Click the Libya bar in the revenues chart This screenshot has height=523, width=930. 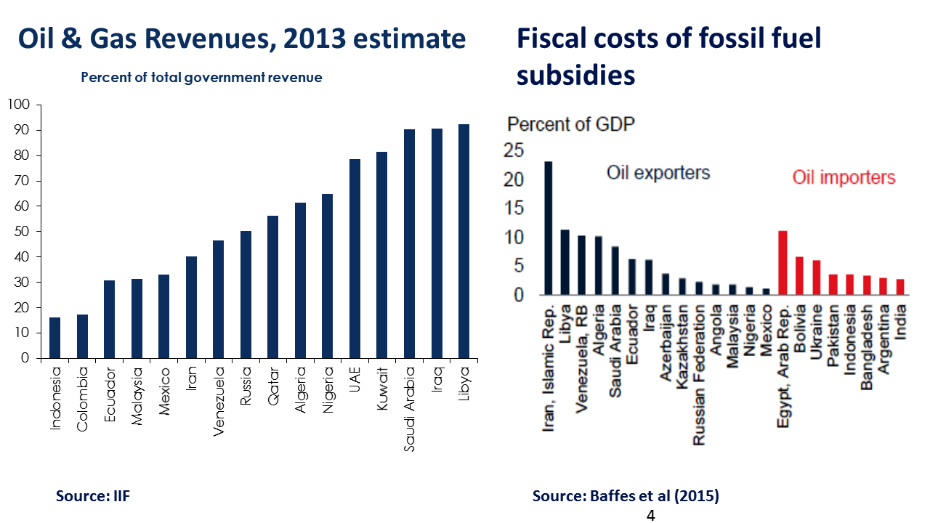pyautogui.click(x=464, y=241)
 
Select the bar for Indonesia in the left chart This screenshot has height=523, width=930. pyautogui.click(x=54, y=338)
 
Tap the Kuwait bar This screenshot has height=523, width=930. pyautogui.click(x=382, y=255)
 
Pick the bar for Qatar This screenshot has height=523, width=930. pyautogui.click(x=272, y=287)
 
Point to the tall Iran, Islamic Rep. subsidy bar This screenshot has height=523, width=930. pyautogui.click(x=549, y=228)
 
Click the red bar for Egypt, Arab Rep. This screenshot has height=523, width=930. pyautogui.click(x=783, y=263)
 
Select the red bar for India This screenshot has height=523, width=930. pyautogui.click(x=899, y=287)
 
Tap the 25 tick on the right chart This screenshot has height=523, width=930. pyautogui.click(x=513, y=150)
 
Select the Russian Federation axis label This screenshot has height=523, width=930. pyautogui.click(x=698, y=374)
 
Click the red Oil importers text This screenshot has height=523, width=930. pyautogui.click(x=844, y=178)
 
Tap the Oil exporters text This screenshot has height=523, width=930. pyautogui.click(x=658, y=173)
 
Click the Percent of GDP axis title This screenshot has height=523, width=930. pyautogui.click(x=571, y=124)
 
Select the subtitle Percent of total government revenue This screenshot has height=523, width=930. pyautogui.click(x=201, y=77)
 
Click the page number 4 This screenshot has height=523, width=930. pyautogui.click(x=650, y=516)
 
